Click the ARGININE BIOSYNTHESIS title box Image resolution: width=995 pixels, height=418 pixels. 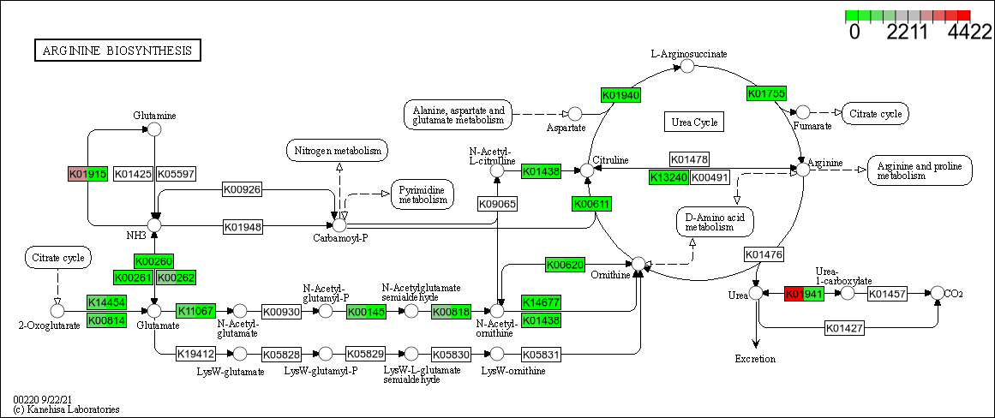tap(117, 51)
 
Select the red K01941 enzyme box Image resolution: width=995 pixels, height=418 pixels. tap(804, 294)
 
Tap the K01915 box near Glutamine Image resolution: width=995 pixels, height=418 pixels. tap(87, 174)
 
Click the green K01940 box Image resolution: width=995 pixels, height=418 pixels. tap(621, 95)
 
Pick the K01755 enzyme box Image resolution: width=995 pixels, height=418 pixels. tap(766, 93)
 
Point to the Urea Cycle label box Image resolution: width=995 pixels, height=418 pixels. tap(694, 122)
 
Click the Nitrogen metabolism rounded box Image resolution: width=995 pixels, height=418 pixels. tap(337, 152)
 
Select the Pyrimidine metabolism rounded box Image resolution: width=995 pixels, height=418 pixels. tap(423, 194)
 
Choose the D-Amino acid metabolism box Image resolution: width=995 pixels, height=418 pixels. tap(716, 221)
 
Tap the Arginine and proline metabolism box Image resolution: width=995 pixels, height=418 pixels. tap(920, 170)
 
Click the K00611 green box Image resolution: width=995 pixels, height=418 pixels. tap(591, 204)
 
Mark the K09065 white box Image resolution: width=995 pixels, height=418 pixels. tap(497, 204)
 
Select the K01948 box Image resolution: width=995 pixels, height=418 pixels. tap(243, 227)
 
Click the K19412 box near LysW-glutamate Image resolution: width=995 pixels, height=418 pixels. tap(195, 353)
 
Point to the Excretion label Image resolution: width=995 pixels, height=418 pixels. tap(755, 359)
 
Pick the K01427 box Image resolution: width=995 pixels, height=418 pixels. tap(845, 327)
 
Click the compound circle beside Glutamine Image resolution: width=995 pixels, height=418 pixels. tap(154, 129)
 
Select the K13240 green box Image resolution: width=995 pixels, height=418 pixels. tap(668, 177)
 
